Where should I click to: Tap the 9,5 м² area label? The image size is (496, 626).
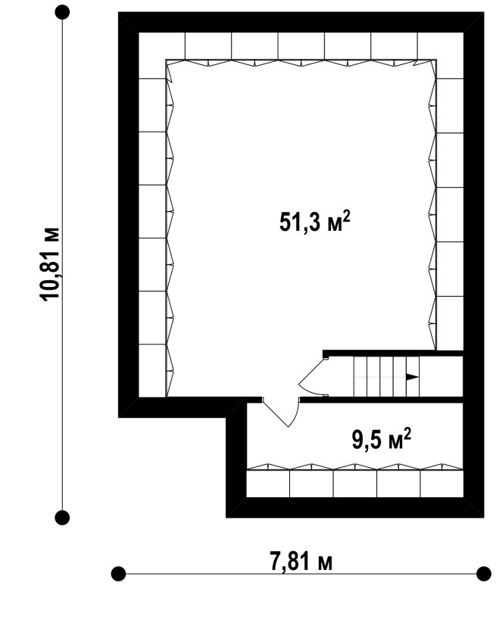click(x=382, y=439)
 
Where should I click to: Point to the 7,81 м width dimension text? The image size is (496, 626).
click(x=301, y=562)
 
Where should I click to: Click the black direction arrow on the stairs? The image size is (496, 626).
click(x=413, y=377)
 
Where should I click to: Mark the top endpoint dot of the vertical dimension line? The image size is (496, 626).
click(x=62, y=12)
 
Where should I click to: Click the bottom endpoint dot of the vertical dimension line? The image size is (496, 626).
click(x=62, y=518)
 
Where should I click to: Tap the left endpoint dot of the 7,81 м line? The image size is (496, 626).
click(x=118, y=574)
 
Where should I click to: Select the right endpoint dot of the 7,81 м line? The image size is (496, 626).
click(x=484, y=574)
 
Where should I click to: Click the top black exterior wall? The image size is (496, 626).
click(x=301, y=22)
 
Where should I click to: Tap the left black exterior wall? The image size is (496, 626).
click(x=128, y=215)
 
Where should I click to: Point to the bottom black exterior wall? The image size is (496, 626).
click(x=355, y=507)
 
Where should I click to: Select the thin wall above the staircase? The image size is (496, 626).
click(x=393, y=353)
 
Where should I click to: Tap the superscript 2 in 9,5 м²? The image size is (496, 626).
click(x=407, y=434)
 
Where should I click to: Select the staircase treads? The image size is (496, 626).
click(x=386, y=376)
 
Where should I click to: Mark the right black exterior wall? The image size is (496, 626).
click(x=474, y=265)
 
